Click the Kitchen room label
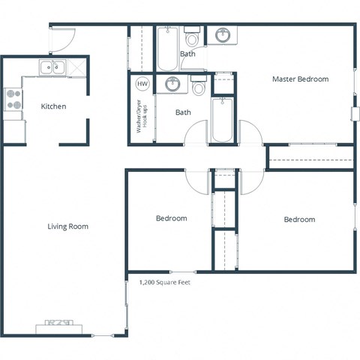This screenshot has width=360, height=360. pyautogui.click(x=53, y=106)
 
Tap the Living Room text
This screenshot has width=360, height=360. pyautogui.click(x=68, y=226)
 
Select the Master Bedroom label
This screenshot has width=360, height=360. pyautogui.click(x=300, y=79)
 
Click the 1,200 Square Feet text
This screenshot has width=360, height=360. pyautogui.click(x=164, y=283)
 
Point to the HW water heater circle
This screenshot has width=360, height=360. pyautogui.click(x=142, y=84)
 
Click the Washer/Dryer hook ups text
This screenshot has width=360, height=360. pyautogui.click(x=140, y=116)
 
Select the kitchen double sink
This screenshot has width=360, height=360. pyautogui.click(x=52, y=68)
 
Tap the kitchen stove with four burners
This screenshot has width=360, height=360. pyautogui.click(x=13, y=100)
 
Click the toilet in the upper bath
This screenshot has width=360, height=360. pyautogui.click(x=192, y=38)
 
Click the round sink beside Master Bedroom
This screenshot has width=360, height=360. pyautogui.click(x=223, y=35)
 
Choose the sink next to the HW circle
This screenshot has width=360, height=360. pyautogui.click(x=172, y=83)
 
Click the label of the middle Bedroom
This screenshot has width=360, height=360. pyautogui.click(x=171, y=218)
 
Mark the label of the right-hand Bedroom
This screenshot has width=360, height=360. pyautogui.click(x=299, y=220)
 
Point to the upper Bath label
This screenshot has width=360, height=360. pyautogui.click(x=187, y=54)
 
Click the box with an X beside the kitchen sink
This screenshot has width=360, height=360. pyautogui.click(x=76, y=68)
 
